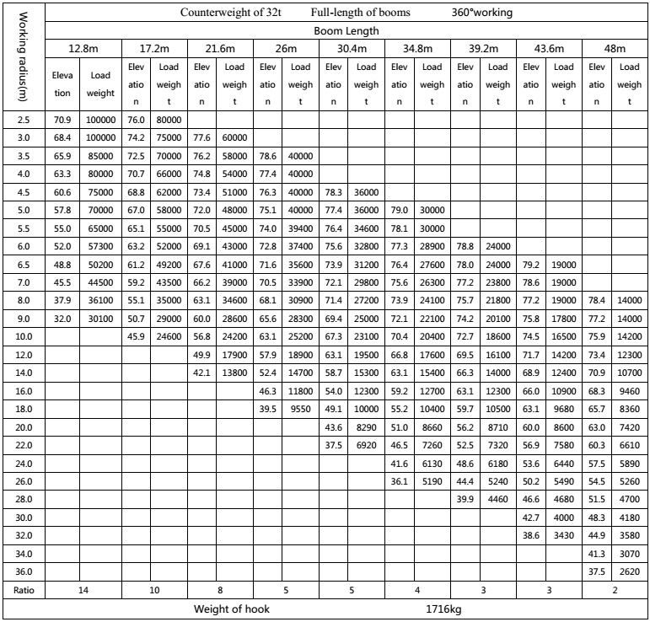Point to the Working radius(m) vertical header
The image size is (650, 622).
coord(23,60)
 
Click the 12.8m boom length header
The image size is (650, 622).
coord(83,49)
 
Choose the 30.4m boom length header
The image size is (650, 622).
coord(349,49)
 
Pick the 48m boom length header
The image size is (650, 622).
coord(615,49)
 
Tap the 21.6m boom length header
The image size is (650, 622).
coord(219,49)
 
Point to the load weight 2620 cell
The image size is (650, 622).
coord(629,570)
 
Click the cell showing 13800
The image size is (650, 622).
coord(235,372)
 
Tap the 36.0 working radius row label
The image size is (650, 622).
coord(24,570)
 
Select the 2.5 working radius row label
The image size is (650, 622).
coord(24,121)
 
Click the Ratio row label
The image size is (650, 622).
coord(24,590)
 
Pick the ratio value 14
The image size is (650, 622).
coord(83,590)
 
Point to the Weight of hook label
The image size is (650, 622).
coord(232,609)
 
